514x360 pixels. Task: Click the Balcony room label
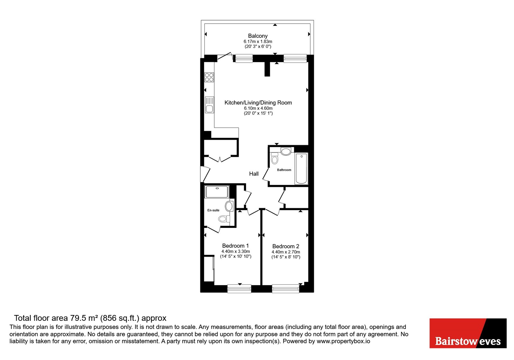(x=258, y=36)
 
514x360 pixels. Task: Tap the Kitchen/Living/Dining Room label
(x=258, y=103)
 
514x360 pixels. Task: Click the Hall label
(x=254, y=174)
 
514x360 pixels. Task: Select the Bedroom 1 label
(x=235, y=246)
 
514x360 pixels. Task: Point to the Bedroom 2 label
(x=286, y=246)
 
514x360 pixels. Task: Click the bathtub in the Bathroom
(x=301, y=169)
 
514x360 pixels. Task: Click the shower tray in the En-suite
(x=217, y=192)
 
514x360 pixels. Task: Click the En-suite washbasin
(x=229, y=206)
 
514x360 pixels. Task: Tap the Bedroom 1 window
(x=239, y=289)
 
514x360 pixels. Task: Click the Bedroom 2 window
(x=286, y=289)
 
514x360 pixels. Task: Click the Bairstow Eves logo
(x=468, y=333)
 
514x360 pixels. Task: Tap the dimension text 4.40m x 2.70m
(x=286, y=252)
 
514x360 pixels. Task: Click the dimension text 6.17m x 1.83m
(x=258, y=41)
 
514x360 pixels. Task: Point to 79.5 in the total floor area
(x=77, y=318)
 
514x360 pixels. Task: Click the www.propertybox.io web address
(x=343, y=341)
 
